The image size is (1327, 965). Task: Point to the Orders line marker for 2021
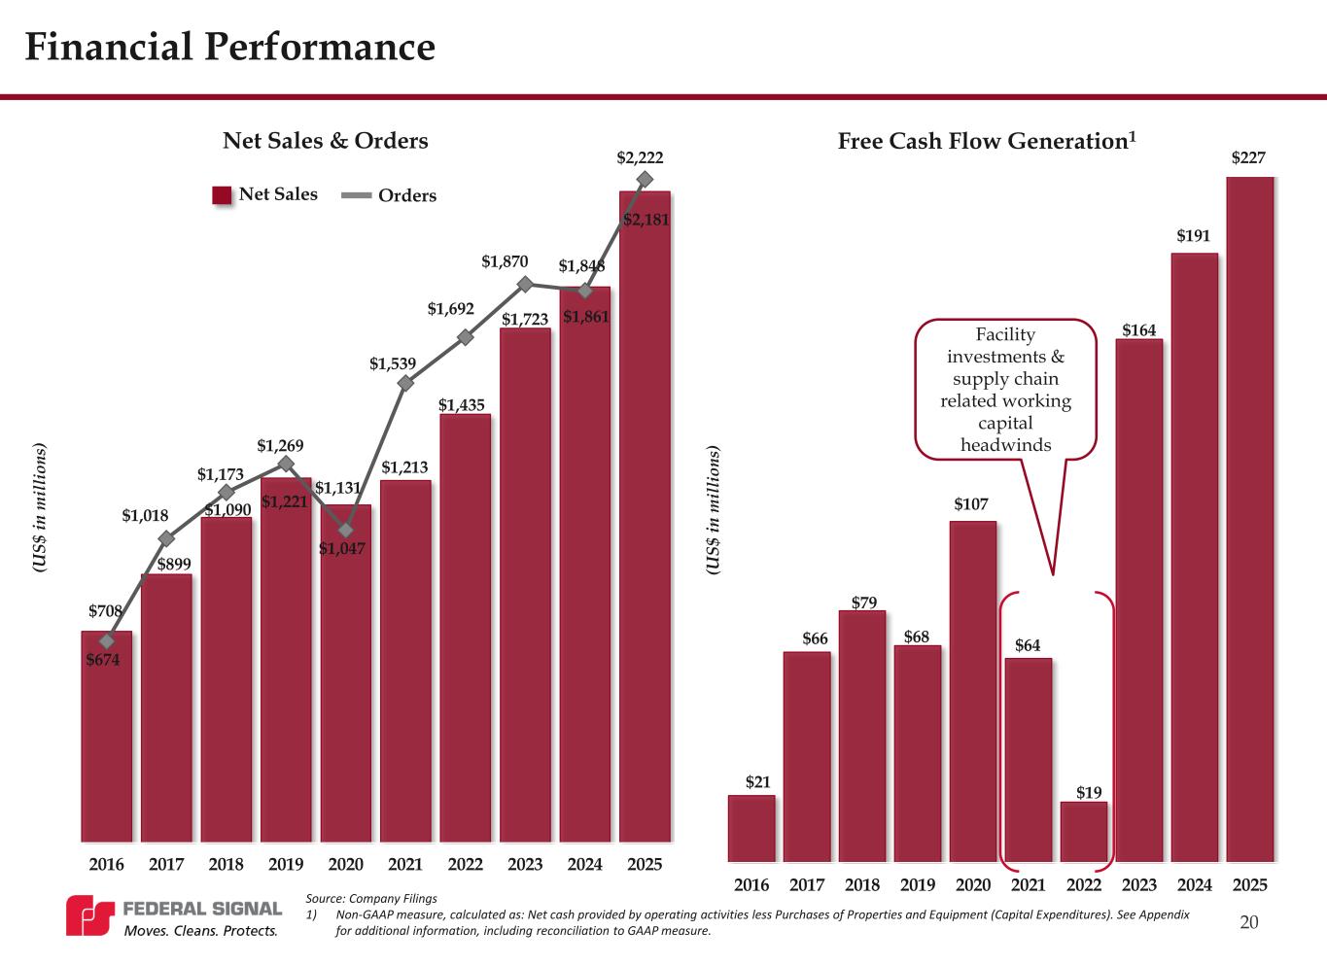pyautogui.click(x=405, y=383)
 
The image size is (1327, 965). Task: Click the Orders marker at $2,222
pyautogui.click(x=644, y=179)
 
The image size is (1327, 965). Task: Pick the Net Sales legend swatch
pyautogui.click(x=223, y=195)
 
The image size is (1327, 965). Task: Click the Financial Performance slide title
pyautogui.click(x=229, y=47)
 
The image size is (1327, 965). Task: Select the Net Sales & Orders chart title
pyautogui.click(x=326, y=141)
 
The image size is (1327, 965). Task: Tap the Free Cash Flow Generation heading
pyautogui.click(x=987, y=141)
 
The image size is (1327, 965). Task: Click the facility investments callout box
pyautogui.click(x=1005, y=389)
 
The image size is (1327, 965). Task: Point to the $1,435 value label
pyautogui.click(x=462, y=404)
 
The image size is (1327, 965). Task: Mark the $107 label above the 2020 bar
pyautogui.click(x=971, y=504)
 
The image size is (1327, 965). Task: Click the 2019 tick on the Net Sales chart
pyautogui.click(x=286, y=864)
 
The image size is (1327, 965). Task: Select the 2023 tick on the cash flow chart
pyautogui.click(x=1139, y=884)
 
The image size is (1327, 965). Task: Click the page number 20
pyautogui.click(x=1249, y=922)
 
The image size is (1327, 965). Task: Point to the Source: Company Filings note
pyautogui.click(x=371, y=898)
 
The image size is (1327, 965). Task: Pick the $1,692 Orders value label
pyautogui.click(x=451, y=309)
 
